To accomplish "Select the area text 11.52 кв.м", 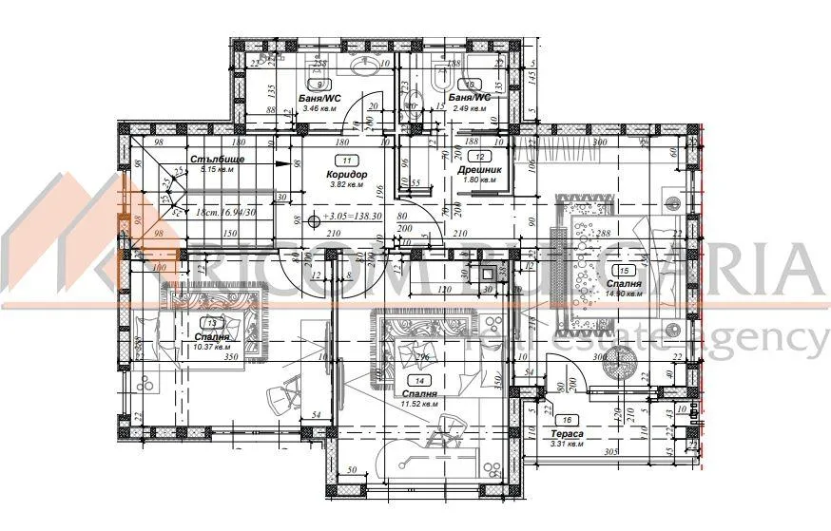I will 419,404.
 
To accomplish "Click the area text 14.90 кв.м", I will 623,294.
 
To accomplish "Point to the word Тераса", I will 568,432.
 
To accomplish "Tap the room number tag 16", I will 568,420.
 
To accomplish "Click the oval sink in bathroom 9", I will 362,66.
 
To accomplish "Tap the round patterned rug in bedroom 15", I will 621,362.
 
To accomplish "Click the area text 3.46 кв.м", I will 319,107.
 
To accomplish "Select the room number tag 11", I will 346,161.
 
